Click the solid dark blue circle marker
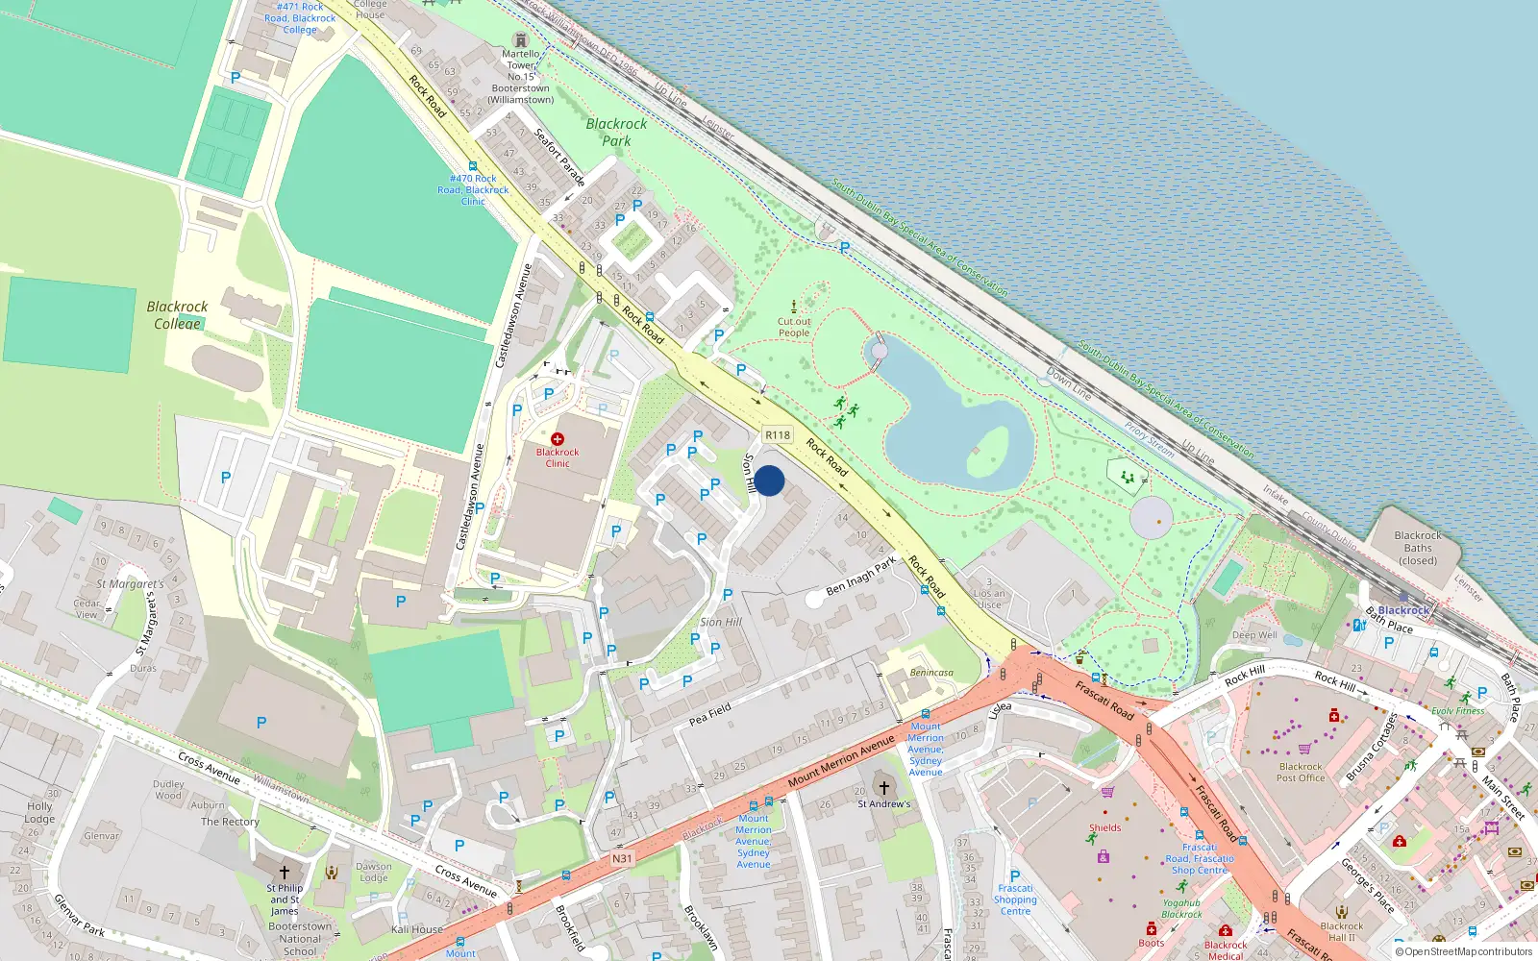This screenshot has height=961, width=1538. (x=769, y=480)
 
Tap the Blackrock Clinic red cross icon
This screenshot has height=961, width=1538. (x=558, y=439)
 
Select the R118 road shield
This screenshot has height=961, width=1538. (x=778, y=435)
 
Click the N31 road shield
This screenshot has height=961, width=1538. (x=622, y=858)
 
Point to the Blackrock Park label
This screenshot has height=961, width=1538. (x=616, y=133)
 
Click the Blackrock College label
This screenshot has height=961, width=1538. (x=177, y=315)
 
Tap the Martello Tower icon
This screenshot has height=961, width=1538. (x=521, y=39)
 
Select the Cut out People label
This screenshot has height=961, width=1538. (x=794, y=328)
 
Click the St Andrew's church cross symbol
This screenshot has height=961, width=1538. (x=884, y=788)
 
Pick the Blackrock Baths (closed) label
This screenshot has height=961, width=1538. (x=1418, y=548)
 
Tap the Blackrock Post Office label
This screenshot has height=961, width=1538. (x=1301, y=773)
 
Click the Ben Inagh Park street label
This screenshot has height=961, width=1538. (x=860, y=576)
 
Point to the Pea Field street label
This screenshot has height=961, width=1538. (x=710, y=714)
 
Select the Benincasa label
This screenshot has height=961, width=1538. (x=931, y=673)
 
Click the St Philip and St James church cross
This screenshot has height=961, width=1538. (x=285, y=873)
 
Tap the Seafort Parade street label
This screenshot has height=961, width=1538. (x=559, y=157)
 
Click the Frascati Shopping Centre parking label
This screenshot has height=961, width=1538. (x=1015, y=899)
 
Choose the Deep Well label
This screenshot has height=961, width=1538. (x=1254, y=635)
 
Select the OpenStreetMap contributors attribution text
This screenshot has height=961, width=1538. (x=1464, y=952)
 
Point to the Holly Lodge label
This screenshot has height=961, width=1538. (x=39, y=813)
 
